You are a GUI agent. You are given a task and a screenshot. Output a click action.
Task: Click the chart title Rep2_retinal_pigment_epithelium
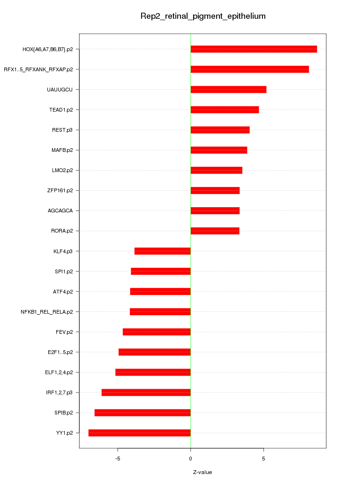pos(203,16)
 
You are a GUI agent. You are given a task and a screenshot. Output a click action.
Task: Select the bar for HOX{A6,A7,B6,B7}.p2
pos(254,49)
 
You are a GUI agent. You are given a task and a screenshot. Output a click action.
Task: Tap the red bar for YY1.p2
pos(139,433)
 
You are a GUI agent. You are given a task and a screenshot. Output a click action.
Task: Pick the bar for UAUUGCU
pos(228,90)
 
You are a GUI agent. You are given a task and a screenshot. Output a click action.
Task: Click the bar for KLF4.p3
pos(162,251)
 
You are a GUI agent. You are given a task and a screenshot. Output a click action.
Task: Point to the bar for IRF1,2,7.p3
pos(146,392)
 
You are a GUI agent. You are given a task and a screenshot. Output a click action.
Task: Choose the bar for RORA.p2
pos(215,231)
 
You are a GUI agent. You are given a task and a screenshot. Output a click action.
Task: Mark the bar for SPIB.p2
pos(142,413)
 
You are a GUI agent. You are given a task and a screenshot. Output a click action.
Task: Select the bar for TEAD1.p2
pos(225,110)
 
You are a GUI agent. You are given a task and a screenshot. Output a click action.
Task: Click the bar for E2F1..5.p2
pos(154,352)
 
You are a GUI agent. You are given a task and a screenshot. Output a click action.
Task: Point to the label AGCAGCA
pos(60,211)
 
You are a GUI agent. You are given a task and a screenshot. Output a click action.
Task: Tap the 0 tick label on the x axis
pos(190,458)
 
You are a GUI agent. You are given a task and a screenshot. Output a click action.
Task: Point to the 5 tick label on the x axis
pos(263,458)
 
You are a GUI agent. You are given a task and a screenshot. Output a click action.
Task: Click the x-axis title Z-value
pos(202,472)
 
